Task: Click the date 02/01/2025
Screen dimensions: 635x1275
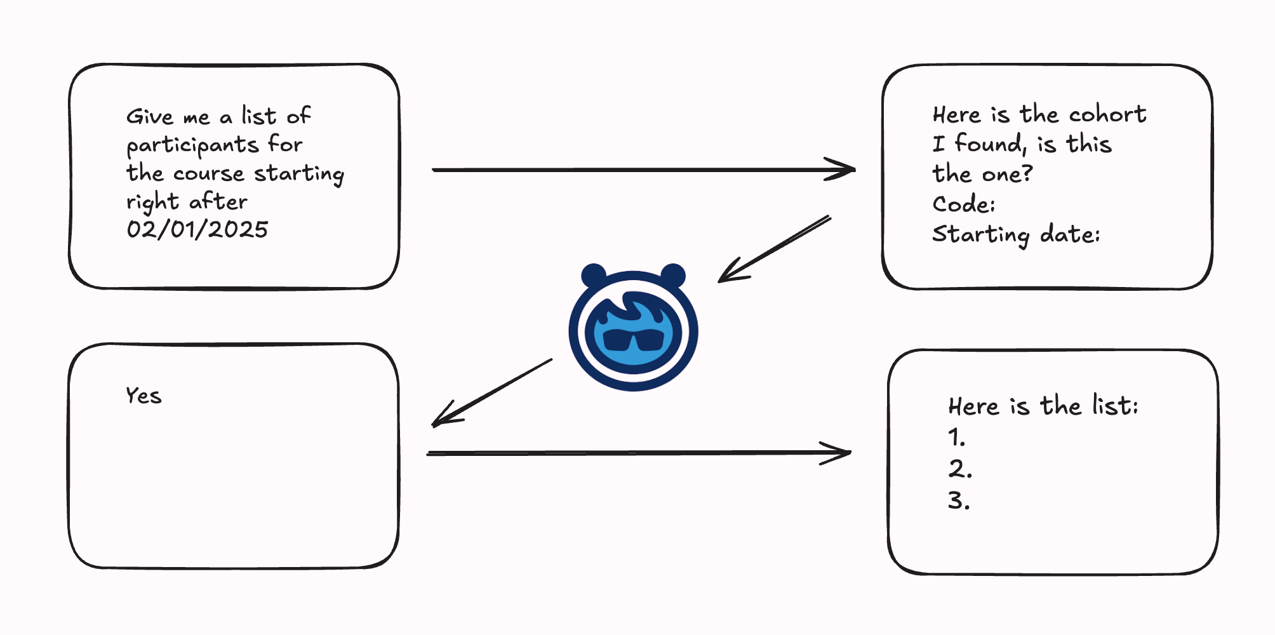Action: pos(197,229)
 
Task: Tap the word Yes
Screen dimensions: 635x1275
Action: pos(144,396)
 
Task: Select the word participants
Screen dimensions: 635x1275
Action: pos(192,145)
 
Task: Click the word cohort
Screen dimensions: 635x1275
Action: pos(1107,114)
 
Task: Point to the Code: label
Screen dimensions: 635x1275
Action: pos(963,204)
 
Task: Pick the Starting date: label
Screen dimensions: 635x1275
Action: pos(1015,234)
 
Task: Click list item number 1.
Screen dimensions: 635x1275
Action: pos(956,438)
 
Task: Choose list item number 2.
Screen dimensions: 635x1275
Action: pos(959,469)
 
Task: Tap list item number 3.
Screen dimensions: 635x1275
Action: pos(959,501)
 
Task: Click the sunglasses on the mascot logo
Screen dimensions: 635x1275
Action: pos(633,340)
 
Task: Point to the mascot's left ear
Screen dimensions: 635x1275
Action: pos(594,276)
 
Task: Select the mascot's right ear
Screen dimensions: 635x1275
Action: pos(673,276)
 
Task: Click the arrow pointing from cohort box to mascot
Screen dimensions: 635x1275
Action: pos(775,248)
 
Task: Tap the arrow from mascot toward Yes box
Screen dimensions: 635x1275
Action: pos(492,392)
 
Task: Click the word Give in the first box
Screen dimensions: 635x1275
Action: pos(149,117)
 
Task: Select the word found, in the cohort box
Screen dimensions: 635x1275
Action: pos(990,144)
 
